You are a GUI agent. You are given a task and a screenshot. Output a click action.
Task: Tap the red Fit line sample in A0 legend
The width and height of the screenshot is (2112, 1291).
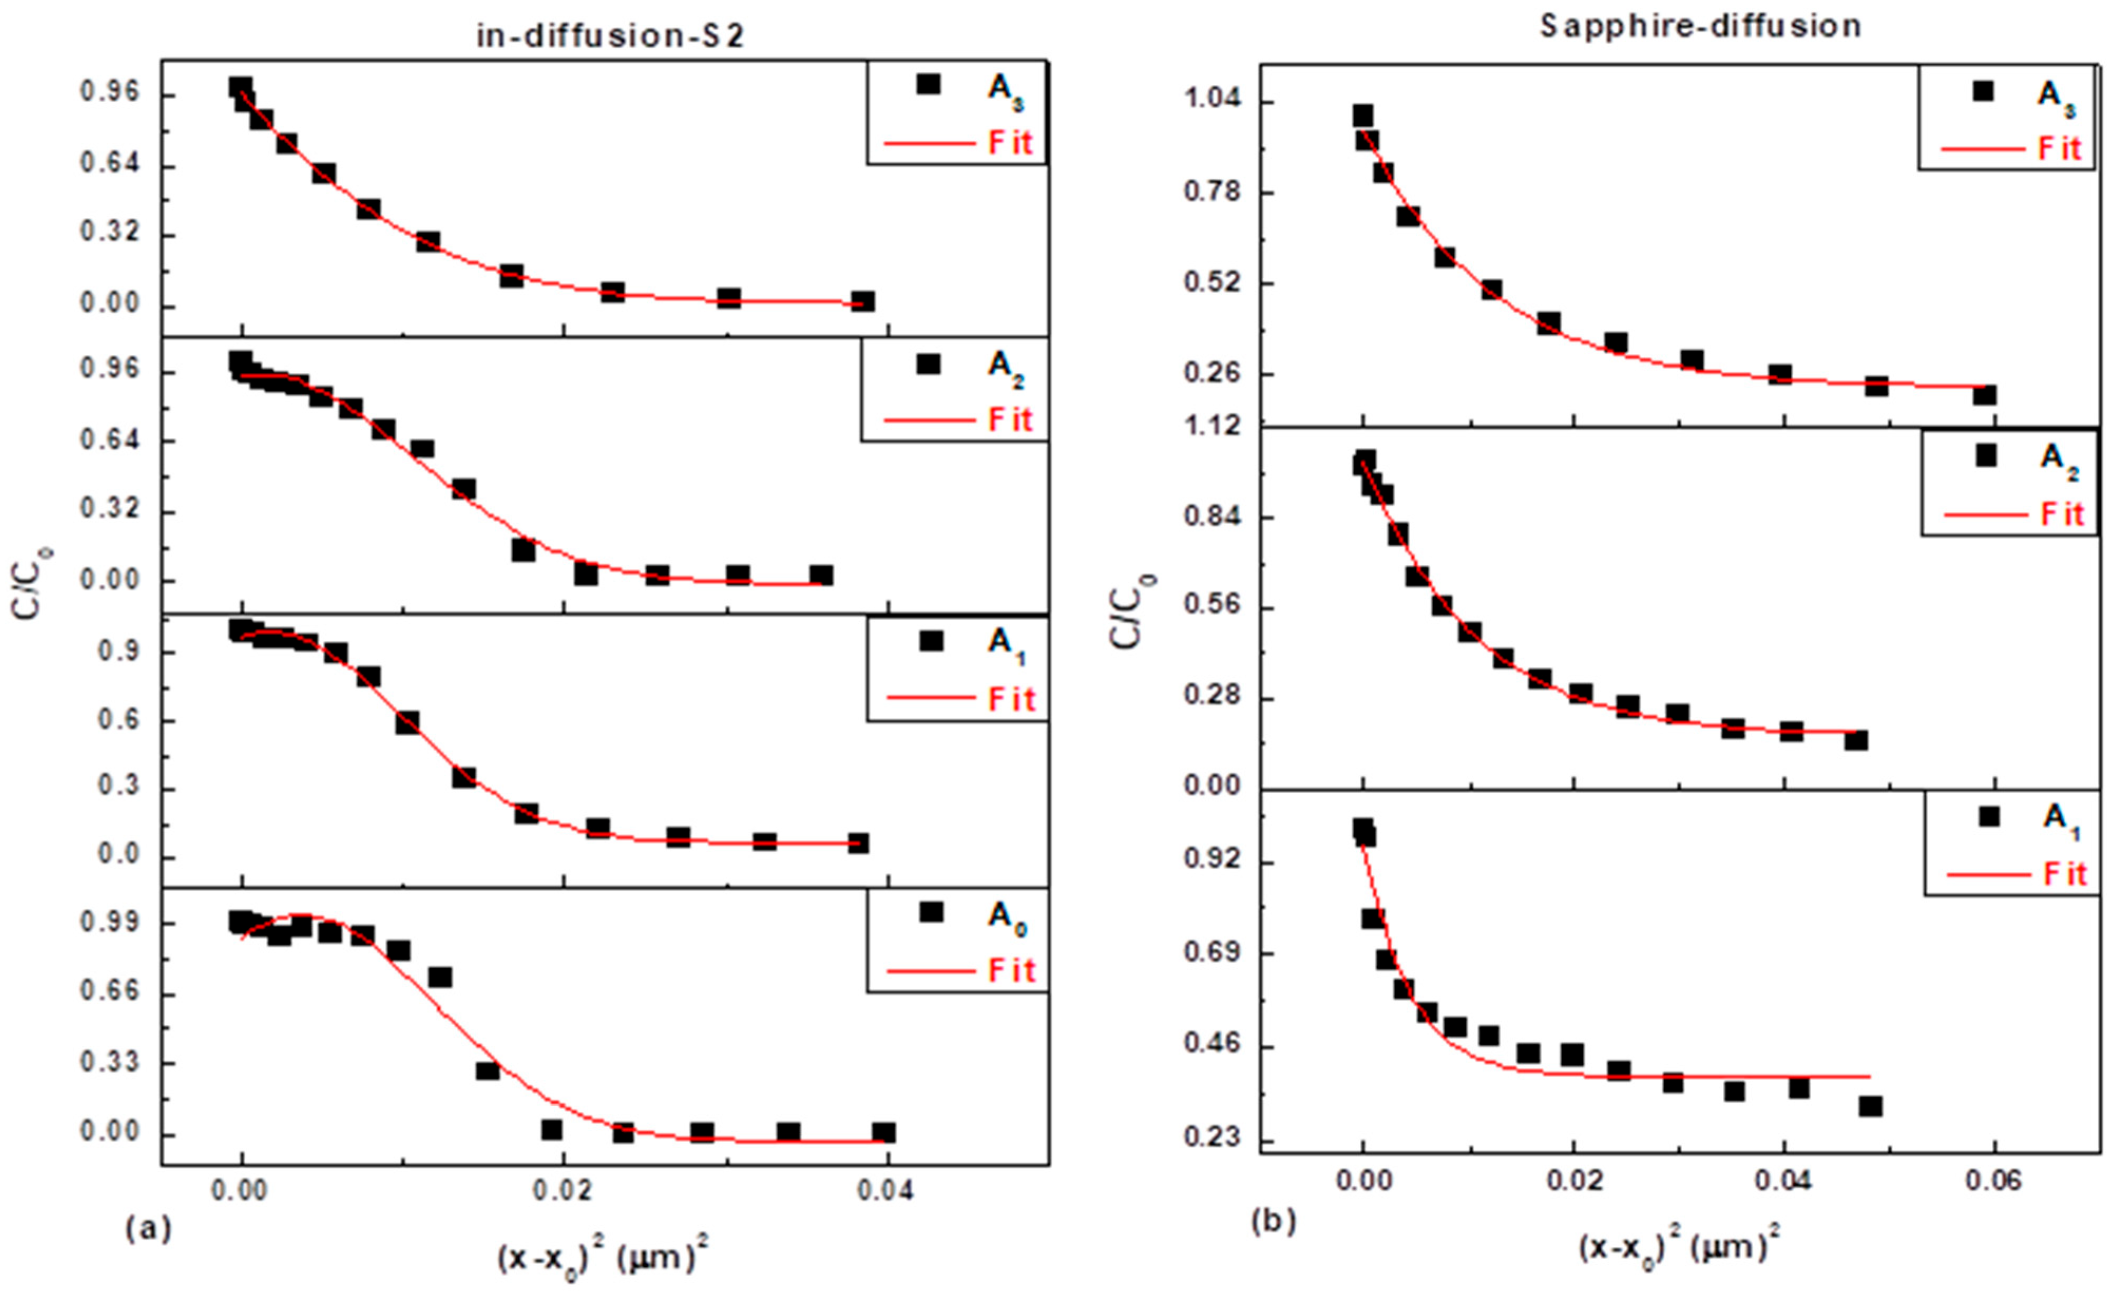tap(930, 971)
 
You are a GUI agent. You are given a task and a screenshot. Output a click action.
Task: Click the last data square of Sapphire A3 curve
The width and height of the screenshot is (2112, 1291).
tap(1984, 394)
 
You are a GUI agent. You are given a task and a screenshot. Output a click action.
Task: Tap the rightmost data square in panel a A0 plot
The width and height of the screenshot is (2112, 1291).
tap(884, 1132)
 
